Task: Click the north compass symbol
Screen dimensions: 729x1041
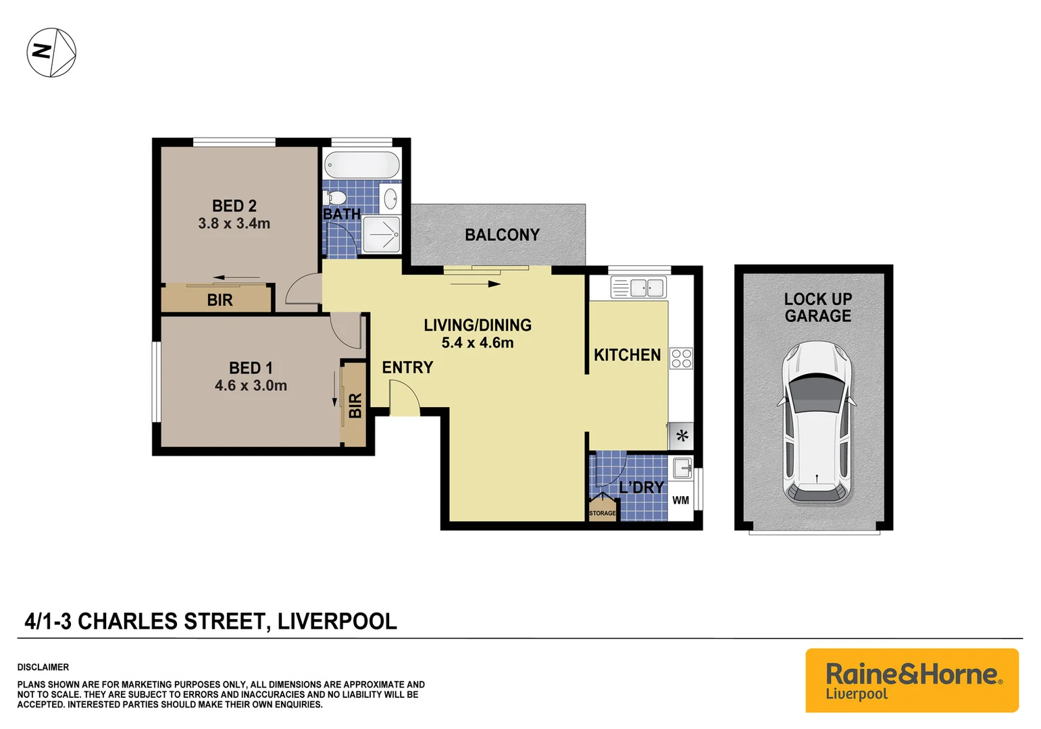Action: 51,52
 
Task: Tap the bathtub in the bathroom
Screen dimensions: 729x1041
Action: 362,165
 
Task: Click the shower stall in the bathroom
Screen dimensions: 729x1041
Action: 382,234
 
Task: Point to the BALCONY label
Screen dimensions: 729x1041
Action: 502,235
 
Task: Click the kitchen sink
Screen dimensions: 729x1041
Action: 638,288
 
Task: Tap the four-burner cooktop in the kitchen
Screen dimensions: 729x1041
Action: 681,358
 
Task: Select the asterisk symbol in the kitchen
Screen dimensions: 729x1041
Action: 682,436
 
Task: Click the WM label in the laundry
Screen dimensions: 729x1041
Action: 680,500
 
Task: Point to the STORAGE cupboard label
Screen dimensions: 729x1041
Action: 602,513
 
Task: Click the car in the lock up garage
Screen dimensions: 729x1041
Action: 817,423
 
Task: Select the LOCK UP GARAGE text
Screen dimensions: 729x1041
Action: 817,307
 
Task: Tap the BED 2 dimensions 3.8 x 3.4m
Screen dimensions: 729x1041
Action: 234,223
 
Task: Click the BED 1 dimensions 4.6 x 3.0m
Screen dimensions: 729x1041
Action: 251,385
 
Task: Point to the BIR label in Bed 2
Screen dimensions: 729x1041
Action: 220,300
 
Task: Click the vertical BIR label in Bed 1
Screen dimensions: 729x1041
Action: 355,406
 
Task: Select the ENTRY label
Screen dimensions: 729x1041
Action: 407,367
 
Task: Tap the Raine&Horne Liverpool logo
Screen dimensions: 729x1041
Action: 911,680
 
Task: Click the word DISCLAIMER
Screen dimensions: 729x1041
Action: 43,667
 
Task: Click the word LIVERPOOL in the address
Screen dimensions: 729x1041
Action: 337,621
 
